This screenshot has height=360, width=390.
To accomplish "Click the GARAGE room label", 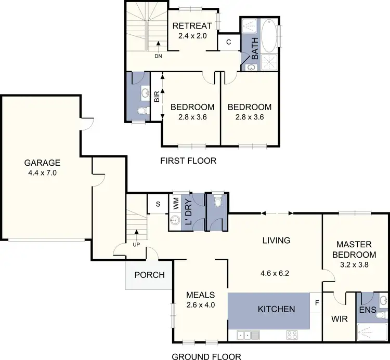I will [41, 162].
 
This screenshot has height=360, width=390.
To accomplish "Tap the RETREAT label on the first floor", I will [192, 26].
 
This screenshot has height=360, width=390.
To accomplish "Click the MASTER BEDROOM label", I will [356, 249].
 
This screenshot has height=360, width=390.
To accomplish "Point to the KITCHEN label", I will [276, 309].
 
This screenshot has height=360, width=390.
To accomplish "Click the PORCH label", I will [149, 275].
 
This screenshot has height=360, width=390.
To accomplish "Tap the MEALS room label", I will [200, 295].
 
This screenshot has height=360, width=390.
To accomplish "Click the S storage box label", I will [158, 204].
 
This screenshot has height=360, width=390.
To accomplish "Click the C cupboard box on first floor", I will [228, 42].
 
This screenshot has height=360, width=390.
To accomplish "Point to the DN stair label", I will [158, 57].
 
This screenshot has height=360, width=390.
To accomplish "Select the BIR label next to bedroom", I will [157, 97].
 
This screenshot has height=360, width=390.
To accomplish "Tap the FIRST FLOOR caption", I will [188, 161].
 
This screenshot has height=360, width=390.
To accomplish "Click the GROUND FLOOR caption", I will [206, 356].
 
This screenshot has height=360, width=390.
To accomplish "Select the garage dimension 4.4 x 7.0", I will [41, 172].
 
